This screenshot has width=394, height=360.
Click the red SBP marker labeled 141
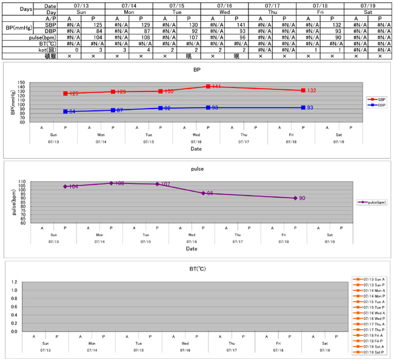pyautogui.click(x=208, y=87)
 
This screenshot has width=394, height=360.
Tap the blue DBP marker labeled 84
pyautogui.click(x=65, y=112)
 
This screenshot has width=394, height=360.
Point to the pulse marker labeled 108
pyautogui.click(x=112, y=183)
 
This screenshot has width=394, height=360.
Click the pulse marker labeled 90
pyautogui.click(x=295, y=198)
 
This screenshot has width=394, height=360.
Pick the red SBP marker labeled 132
pyautogui.click(x=303, y=90)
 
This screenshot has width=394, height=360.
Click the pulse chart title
pyautogui.click(x=196, y=169)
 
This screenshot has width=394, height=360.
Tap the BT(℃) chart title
pyautogui.click(x=196, y=268)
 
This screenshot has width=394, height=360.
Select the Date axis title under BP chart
pyautogui.click(x=196, y=148)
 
